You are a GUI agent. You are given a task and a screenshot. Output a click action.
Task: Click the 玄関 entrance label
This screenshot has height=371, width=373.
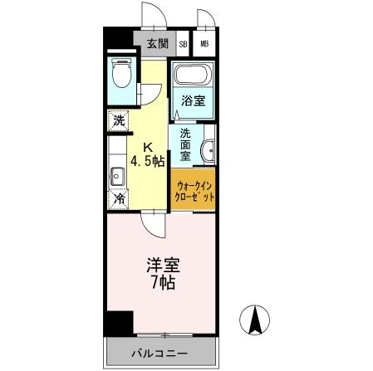(x=157, y=44)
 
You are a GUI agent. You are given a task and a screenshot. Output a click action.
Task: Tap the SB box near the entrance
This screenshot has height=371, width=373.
(x=183, y=45)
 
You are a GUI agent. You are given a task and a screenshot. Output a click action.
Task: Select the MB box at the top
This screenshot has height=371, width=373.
(x=204, y=45)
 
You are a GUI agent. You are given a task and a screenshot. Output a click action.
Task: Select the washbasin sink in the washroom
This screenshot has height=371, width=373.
(x=209, y=150)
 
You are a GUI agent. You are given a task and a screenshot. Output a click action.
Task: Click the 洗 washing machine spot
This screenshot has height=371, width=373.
(x=119, y=120)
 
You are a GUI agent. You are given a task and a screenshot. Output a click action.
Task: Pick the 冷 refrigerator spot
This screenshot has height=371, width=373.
(x=119, y=200)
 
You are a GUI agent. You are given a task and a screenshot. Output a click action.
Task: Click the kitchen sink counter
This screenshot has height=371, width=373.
(x=117, y=175)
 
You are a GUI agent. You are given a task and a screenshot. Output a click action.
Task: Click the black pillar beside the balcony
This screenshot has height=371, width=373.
(x=121, y=323)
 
